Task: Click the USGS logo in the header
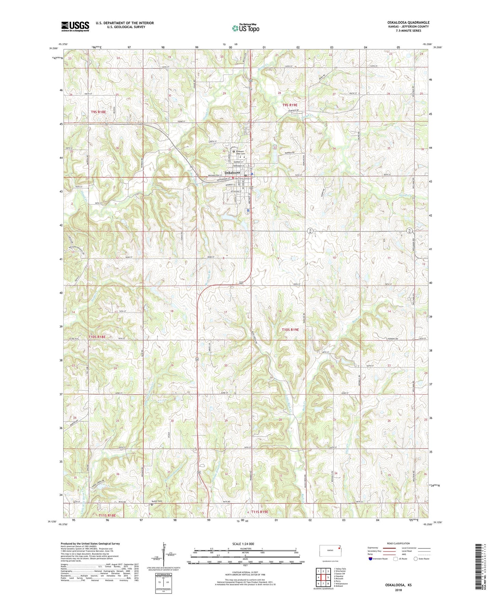[x=75, y=26]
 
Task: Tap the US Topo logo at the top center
[x=245, y=28]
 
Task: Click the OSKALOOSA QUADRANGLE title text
[x=406, y=23]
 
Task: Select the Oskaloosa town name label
[x=233, y=173]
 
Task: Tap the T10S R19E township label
[x=290, y=330]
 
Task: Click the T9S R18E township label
[x=98, y=112]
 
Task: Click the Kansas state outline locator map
[x=330, y=551]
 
